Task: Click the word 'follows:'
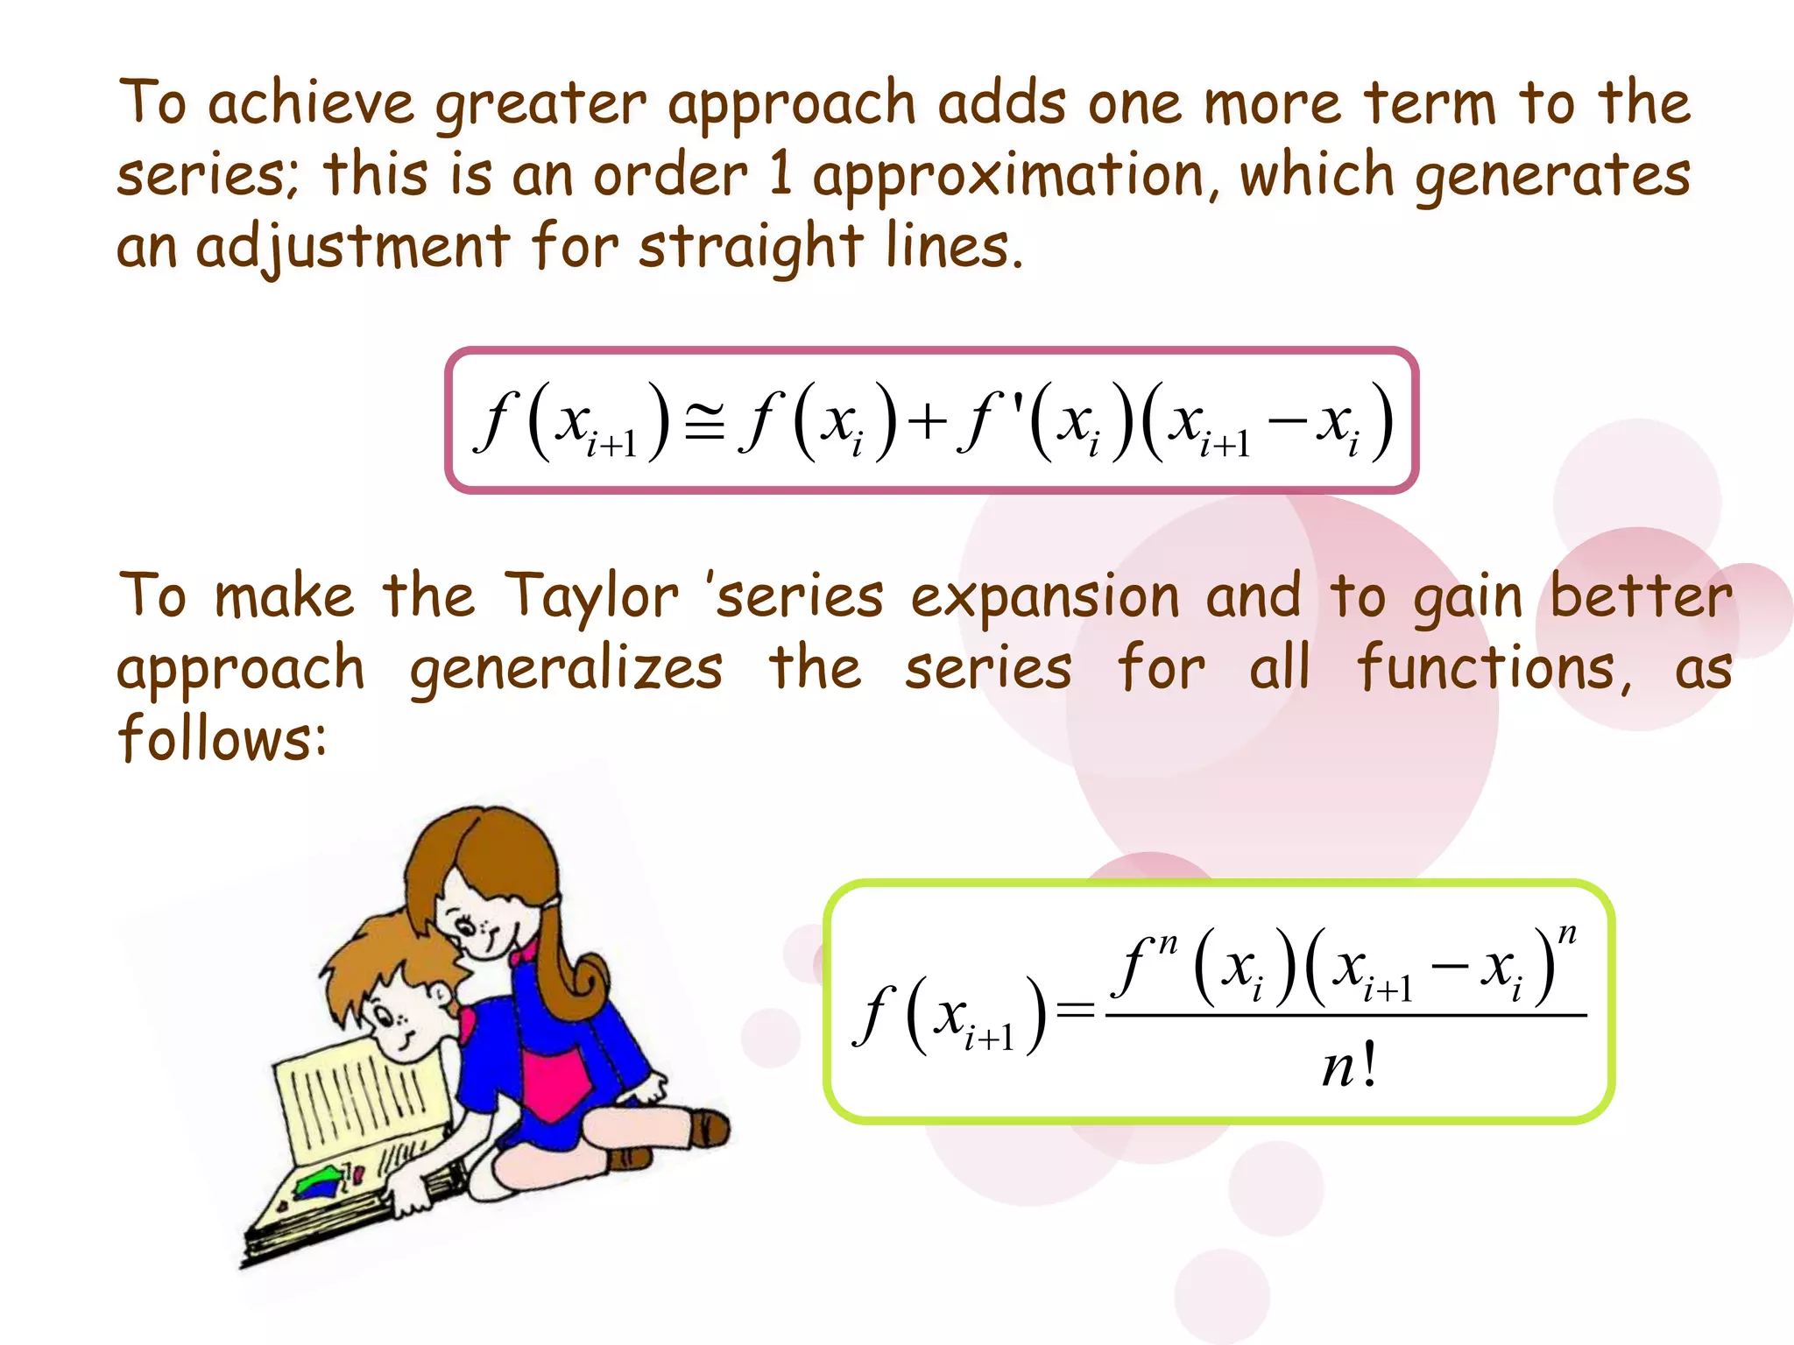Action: pos(222,737)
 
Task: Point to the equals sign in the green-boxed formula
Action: pos(1076,1011)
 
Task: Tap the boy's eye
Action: pos(383,1017)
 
